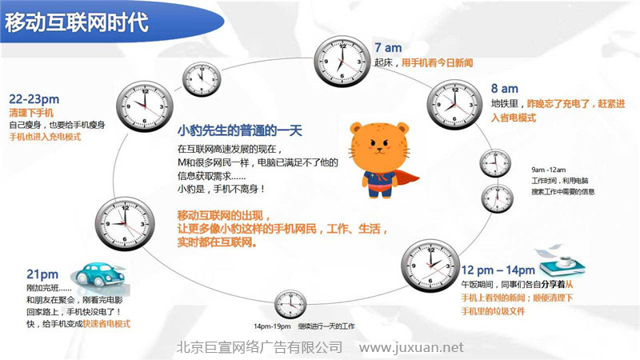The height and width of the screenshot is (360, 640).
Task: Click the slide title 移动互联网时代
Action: point(76,23)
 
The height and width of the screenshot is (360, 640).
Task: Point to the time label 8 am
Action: point(505,88)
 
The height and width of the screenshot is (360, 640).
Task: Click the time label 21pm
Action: point(42,274)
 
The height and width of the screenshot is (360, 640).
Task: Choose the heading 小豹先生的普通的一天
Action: point(239,131)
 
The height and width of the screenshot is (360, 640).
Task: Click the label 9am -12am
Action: point(548,170)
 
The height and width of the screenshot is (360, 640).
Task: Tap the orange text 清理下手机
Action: point(31,112)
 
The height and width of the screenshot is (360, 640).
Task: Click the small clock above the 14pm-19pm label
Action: point(290,306)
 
